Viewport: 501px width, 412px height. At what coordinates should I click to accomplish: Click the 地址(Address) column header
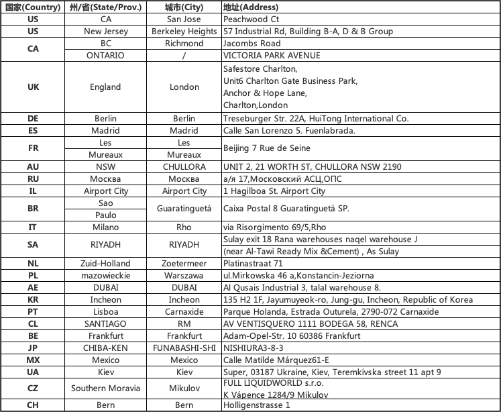(x=250, y=7)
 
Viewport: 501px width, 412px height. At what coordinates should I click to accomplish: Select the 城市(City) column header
(x=184, y=7)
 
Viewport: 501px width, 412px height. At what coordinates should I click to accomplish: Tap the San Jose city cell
(x=184, y=19)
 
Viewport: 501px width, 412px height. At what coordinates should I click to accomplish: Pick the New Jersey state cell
(x=105, y=32)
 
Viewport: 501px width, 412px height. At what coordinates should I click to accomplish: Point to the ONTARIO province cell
(x=105, y=55)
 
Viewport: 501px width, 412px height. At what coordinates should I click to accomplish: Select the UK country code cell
(x=33, y=87)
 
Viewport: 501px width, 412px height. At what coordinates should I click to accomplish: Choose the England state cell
(x=105, y=87)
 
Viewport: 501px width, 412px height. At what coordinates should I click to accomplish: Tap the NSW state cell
(x=105, y=166)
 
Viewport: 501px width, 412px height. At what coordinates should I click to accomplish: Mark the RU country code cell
(x=33, y=179)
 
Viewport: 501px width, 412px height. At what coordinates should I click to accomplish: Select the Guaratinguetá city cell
(x=184, y=209)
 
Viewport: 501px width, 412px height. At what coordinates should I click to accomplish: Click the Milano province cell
(x=105, y=227)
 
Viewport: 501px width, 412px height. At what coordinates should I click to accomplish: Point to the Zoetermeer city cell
(x=184, y=263)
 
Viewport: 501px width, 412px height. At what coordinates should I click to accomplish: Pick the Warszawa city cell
(x=184, y=275)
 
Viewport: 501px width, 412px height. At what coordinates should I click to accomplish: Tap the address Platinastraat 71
(x=254, y=263)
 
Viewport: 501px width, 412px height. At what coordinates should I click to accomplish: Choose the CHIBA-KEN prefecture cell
(x=105, y=348)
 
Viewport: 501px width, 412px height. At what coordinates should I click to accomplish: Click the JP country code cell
(x=33, y=348)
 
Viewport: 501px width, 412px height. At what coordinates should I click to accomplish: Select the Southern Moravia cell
(x=105, y=388)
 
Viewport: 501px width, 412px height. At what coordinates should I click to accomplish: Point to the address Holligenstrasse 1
(x=256, y=405)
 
